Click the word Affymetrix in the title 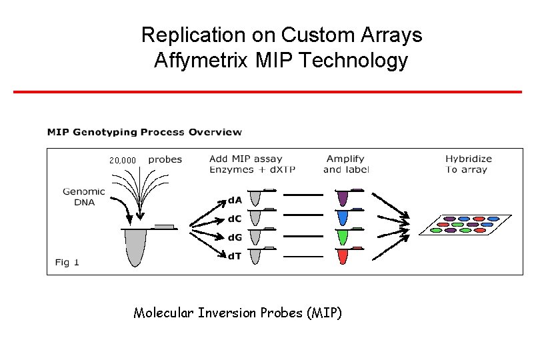191,61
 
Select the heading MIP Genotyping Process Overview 144,132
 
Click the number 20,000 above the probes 123,161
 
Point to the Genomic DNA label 83,197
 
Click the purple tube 343,198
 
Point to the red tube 343,255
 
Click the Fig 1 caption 67,262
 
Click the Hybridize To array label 468,164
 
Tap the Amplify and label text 345,164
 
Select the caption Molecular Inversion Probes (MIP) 237,313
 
